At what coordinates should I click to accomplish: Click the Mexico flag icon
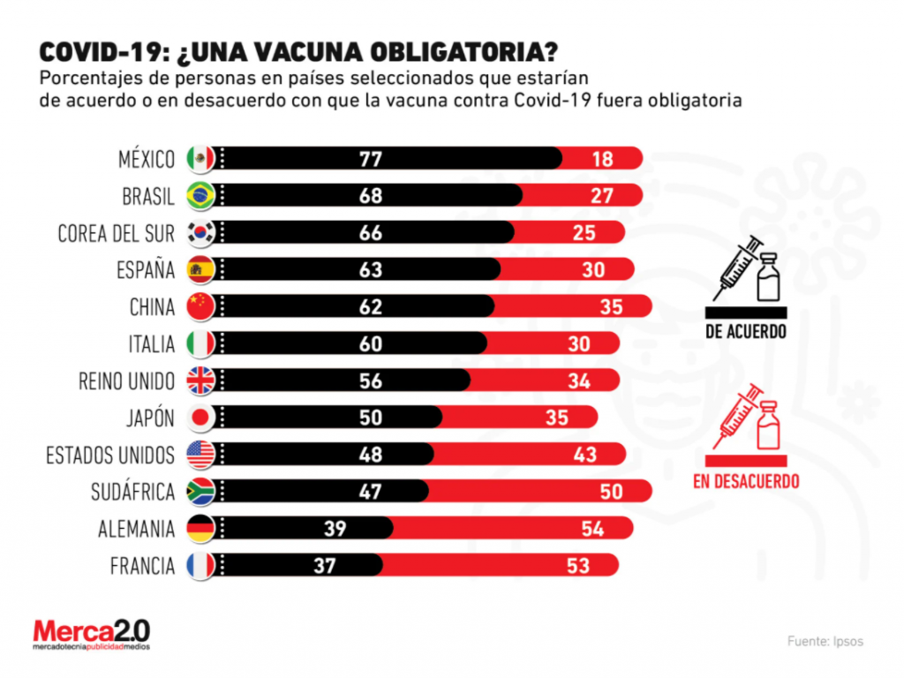(x=201, y=159)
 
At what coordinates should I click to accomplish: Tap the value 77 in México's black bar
(x=370, y=159)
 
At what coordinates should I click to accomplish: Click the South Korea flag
(x=201, y=232)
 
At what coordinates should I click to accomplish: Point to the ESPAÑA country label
(x=147, y=269)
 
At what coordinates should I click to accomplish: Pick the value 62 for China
(x=370, y=306)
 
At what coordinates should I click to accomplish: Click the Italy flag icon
(x=201, y=343)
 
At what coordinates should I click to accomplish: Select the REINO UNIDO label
(x=127, y=380)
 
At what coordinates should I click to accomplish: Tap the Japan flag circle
(x=201, y=418)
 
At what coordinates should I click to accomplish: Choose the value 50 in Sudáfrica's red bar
(x=611, y=492)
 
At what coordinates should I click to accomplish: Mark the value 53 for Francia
(x=578, y=565)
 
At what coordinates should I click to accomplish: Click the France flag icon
(x=201, y=565)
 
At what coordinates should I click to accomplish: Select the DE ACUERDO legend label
(x=746, y=332)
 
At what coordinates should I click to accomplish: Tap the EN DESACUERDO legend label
(x=746, y=481)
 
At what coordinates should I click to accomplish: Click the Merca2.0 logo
(x=92, y=634)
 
